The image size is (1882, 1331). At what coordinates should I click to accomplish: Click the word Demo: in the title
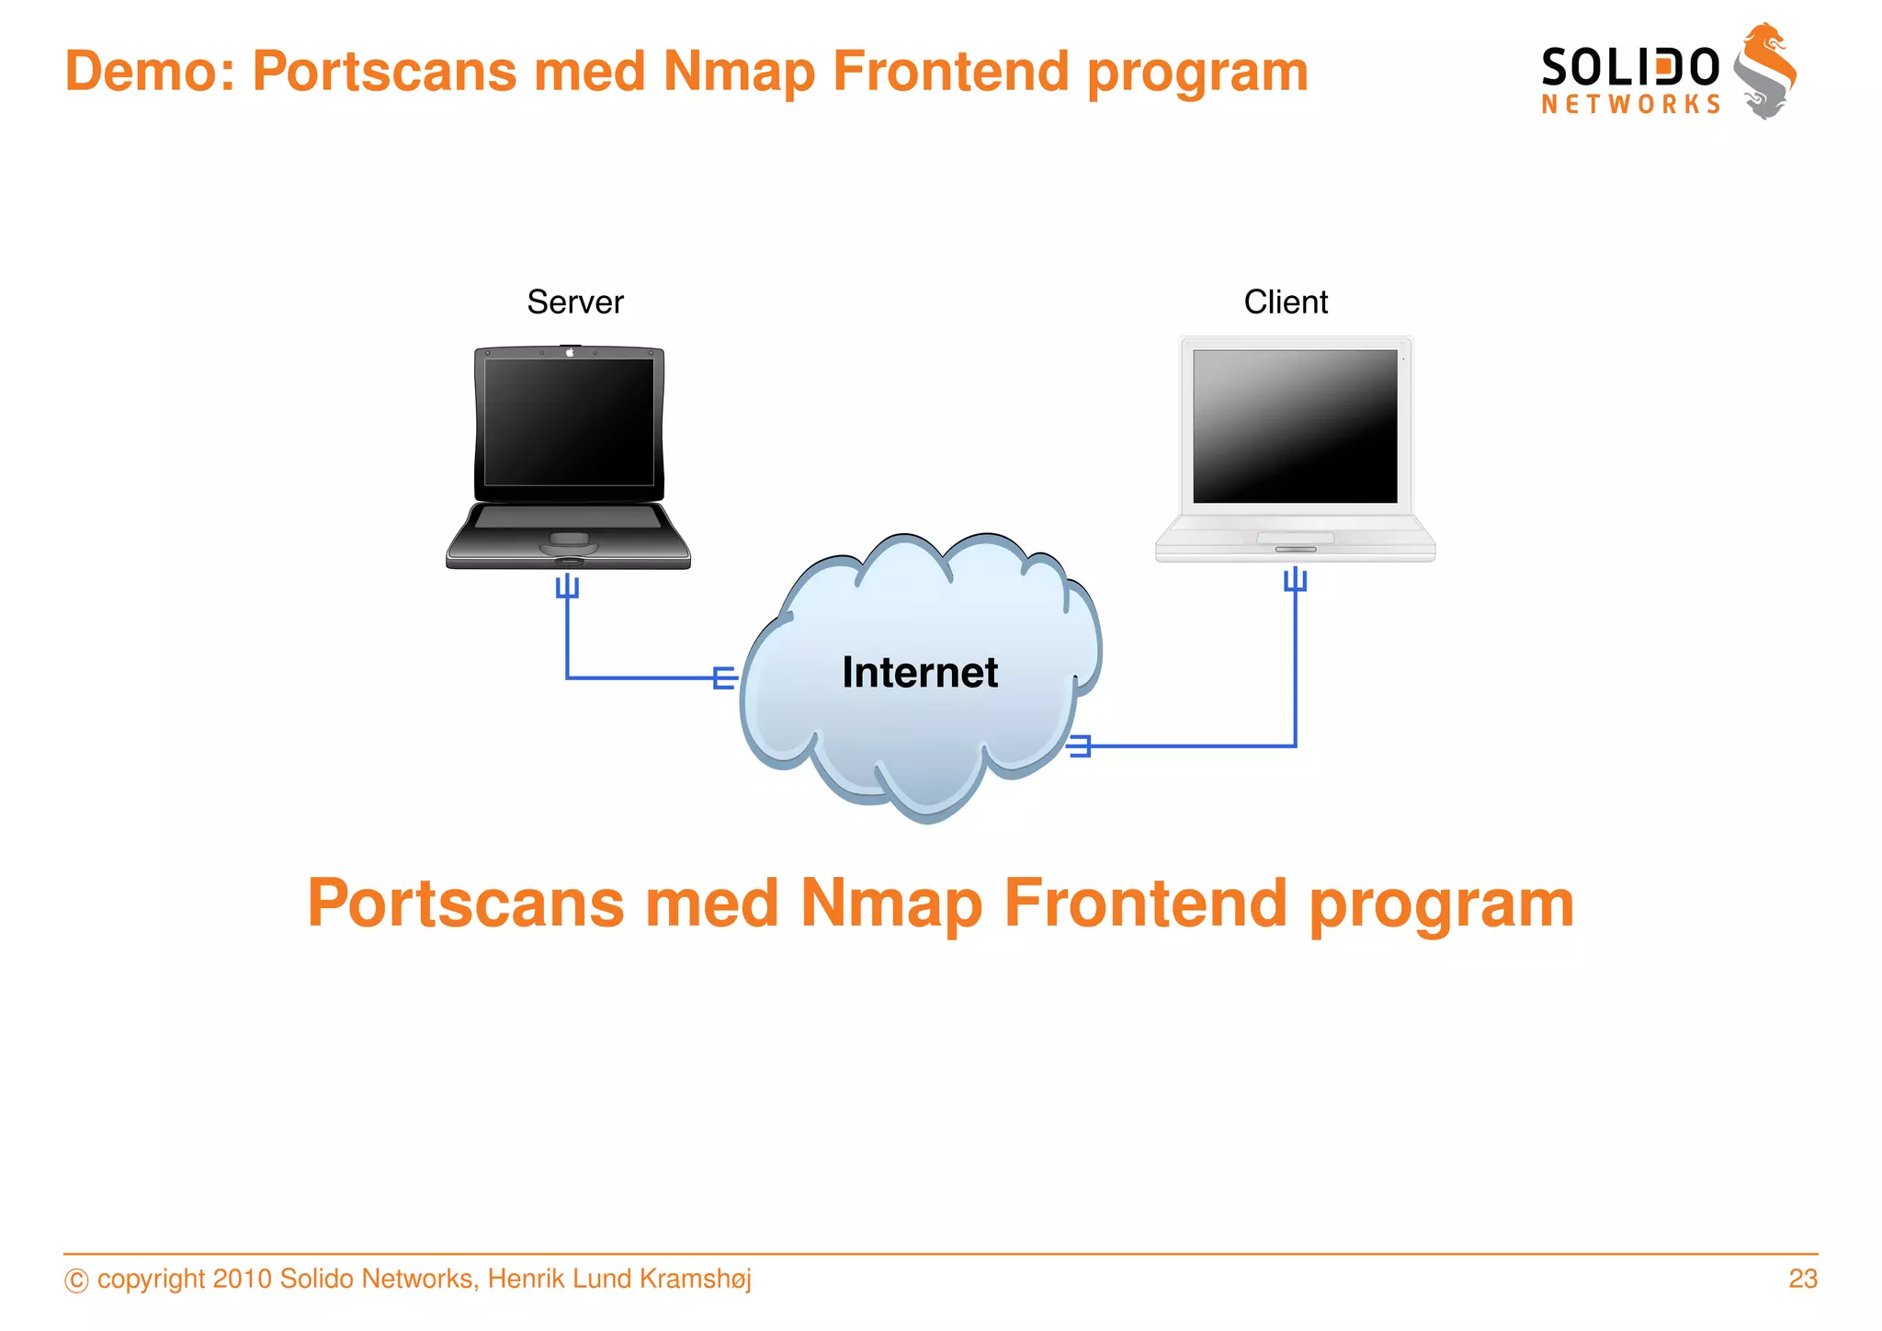point(150,72)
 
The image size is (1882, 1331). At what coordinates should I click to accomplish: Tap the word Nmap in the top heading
point(738,72)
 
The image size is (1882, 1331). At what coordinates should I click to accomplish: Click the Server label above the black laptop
point(575,302)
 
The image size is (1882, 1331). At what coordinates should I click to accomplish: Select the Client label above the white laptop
point(1286,302)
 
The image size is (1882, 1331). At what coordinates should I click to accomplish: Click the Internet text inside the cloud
point(920,672)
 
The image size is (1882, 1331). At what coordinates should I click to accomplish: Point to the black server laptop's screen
point(569,422)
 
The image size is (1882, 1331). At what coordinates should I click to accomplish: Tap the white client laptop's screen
point(1295,426)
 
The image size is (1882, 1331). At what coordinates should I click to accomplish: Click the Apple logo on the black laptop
point(570,352)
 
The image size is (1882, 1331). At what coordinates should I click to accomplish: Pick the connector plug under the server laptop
point(567,586)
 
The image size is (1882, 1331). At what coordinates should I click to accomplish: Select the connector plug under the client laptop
point(1295,580)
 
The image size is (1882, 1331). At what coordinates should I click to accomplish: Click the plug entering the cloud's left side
point(725,678)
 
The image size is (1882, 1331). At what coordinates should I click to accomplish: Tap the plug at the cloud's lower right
point(1080,745)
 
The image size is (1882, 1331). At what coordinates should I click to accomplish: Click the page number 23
point(1802,1279)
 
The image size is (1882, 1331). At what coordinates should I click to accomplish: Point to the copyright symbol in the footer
point(76,1280)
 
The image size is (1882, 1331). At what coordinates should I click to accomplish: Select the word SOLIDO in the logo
point(1629,68)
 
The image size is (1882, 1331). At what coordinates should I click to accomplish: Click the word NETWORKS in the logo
point(1630,105)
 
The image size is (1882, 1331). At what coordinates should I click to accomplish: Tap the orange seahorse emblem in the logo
point(1765,71)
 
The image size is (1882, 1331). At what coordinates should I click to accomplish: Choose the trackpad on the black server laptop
point(569,539)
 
